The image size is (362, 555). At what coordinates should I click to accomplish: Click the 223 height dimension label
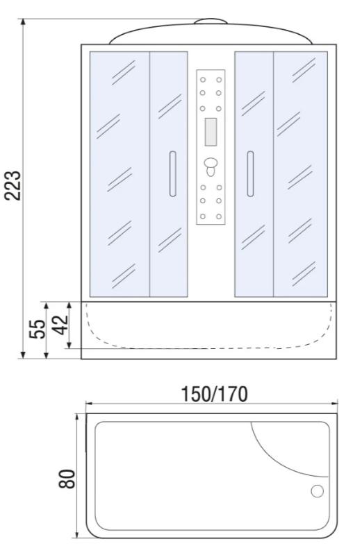pos(13,185)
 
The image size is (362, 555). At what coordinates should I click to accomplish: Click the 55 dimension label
pos(38,329)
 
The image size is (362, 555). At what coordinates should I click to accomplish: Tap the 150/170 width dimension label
pos(214,394)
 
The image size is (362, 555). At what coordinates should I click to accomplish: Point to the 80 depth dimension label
pos(67,479)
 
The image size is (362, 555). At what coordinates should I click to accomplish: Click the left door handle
pos(173,174)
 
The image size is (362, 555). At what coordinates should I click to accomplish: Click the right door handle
pos(250,174)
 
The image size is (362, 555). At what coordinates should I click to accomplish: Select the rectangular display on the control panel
pos(211,132)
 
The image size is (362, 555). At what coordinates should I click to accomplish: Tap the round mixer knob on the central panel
pos(211,164)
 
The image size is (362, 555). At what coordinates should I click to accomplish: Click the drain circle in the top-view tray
pos(317,491)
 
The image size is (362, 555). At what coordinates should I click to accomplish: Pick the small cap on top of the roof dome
pos(211,22)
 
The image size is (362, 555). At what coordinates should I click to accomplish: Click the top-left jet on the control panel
pos(203,80)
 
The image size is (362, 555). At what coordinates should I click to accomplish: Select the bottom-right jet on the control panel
pos(219,216)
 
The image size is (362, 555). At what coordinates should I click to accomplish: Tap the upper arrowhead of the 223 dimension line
pos(23,22)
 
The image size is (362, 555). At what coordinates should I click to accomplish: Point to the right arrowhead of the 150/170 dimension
pos(334,403)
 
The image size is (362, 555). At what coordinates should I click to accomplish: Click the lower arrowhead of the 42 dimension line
pos(69,344)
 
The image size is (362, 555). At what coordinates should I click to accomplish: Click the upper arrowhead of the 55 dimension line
pos(46,306)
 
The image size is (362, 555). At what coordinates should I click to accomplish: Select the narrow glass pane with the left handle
pos(169,174)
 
